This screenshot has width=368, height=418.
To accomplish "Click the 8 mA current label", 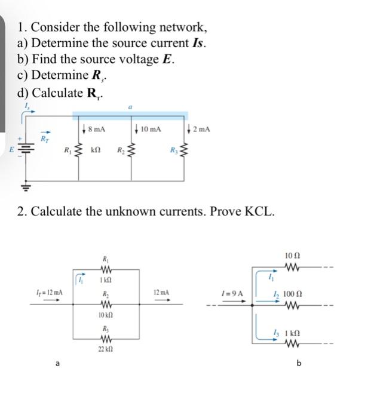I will point(97,129).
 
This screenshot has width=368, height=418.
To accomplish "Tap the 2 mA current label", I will point(201,129).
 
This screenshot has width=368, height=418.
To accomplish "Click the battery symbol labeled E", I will point(24,146).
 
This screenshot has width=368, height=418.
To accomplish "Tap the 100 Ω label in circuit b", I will point(295,294).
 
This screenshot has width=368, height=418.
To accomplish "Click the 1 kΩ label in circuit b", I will point(295,331).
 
